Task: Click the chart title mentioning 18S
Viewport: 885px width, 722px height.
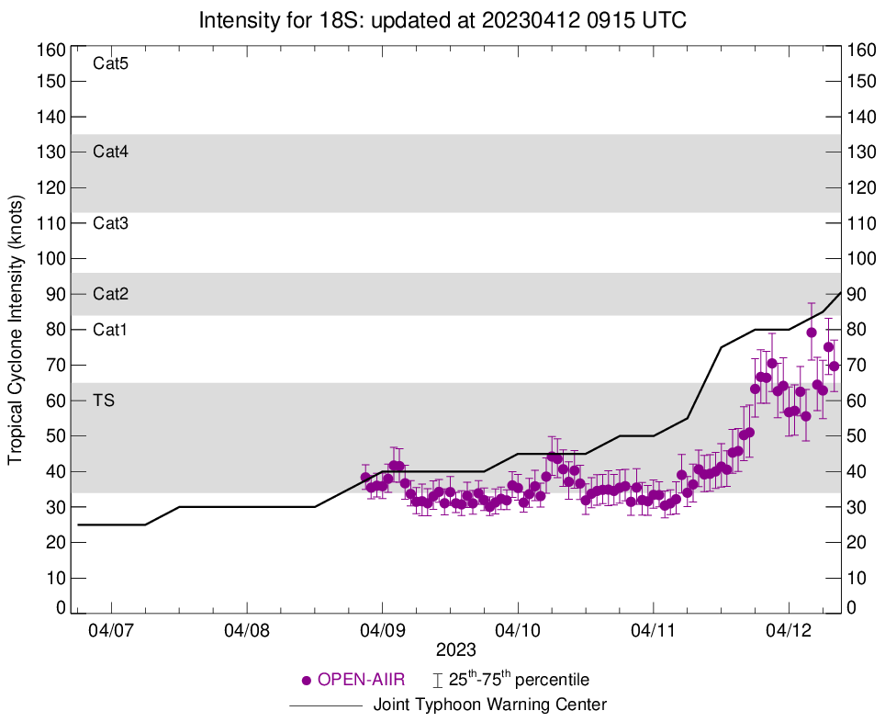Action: (x=442, y=19)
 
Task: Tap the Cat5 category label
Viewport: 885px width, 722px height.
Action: (x=110, y=64)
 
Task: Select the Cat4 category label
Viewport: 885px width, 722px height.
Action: (x=110, y=152)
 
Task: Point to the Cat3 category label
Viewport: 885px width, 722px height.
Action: (x=110, y=223)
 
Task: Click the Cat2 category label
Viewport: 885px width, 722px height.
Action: (x=110, y=294)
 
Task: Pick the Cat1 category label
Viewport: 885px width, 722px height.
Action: (x=110, y=330)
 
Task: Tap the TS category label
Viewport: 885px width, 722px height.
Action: (x=103, y=400)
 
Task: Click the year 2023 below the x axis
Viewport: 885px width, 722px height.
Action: (x=456, y=650)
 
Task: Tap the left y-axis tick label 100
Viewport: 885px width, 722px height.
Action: (x=52, y=259)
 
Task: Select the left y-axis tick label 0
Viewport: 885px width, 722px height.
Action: (x=61, y=607)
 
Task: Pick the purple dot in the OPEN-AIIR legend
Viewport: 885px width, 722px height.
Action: (x=307, y=681)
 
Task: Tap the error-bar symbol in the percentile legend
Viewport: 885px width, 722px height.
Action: (x=438, y=681)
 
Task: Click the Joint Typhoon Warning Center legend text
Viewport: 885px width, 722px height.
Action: (x=490, y=705)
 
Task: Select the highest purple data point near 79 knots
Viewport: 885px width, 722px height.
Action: (x=812, y=333)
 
